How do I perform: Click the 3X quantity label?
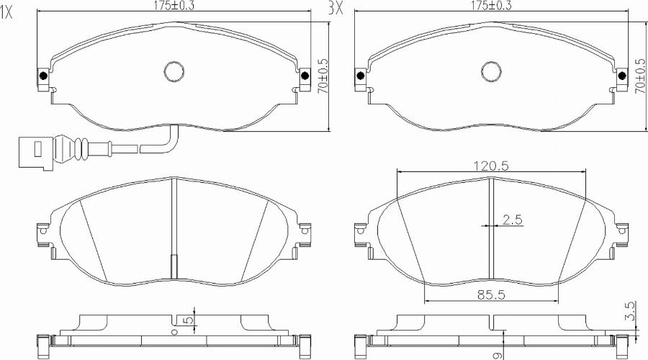coord(335,8)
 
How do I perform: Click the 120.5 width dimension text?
coord(491,165)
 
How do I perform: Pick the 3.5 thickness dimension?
coord(631,312)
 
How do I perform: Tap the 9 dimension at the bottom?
coord(496,354)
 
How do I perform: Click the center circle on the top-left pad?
coord(174,71)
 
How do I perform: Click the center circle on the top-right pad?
coord(492,71)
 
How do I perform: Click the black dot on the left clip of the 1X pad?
coord(43,76)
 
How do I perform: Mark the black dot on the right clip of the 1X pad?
coord(305,76)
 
